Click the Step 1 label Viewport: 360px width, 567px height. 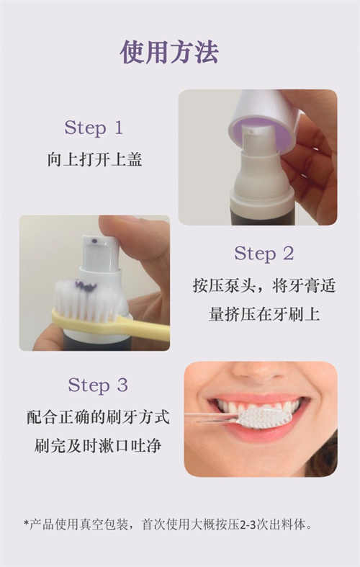pyautogui.click(x=94, y=128)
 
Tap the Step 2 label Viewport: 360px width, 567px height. pyautogui.click(x=264, y=254)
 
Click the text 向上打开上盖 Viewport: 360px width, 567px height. pyautogui.click(x=94, y=160)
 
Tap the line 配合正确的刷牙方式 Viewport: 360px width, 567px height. pyautogui.click(x=98, y=416)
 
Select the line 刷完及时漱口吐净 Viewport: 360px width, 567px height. pyautogui.click(x=98, y=446)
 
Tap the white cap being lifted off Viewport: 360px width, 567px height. pyautogui.click(x=264, y=115)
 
